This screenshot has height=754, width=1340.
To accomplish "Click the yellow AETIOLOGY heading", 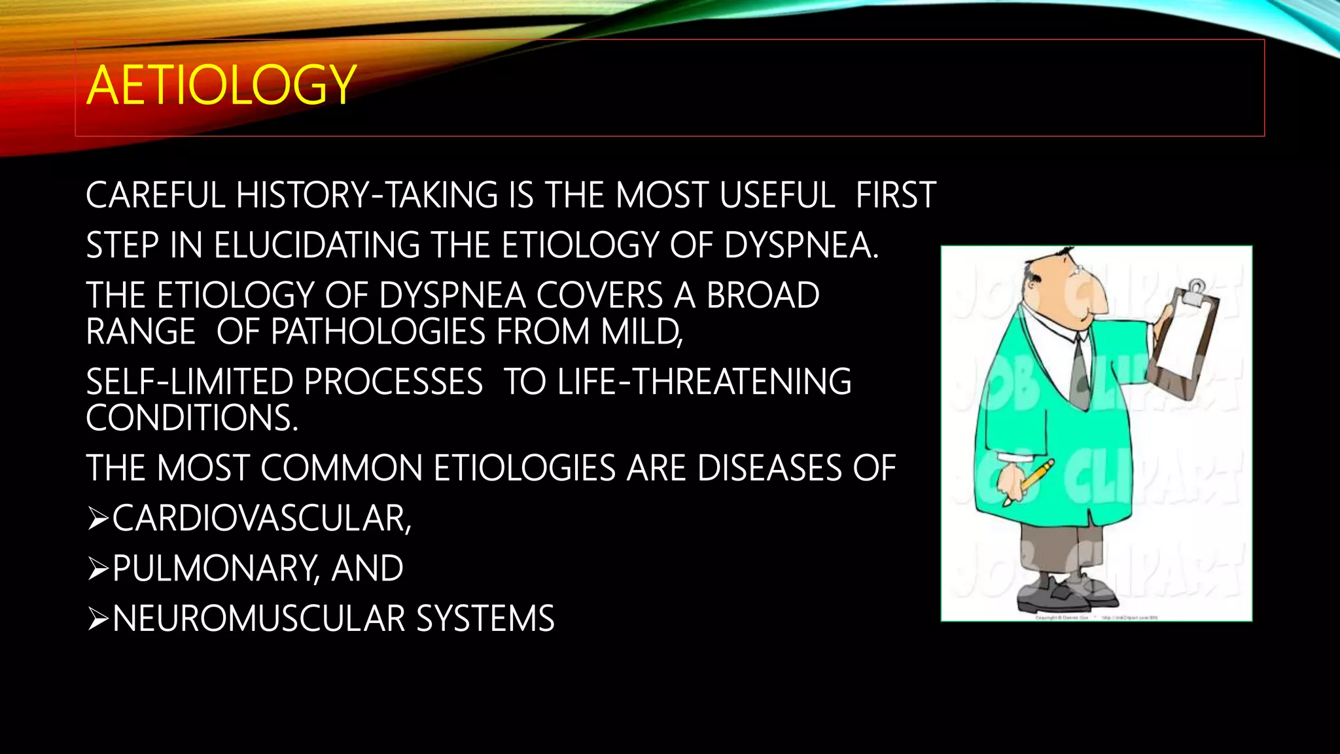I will [x=221, y=86].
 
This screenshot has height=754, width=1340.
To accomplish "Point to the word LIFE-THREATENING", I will [x=704, y=382].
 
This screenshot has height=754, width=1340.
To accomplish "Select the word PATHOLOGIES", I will [x=378, y=332].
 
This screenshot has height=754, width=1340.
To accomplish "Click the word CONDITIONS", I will [x=191, y=418].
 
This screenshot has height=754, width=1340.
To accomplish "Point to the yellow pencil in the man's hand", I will [x=1031, y=482].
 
